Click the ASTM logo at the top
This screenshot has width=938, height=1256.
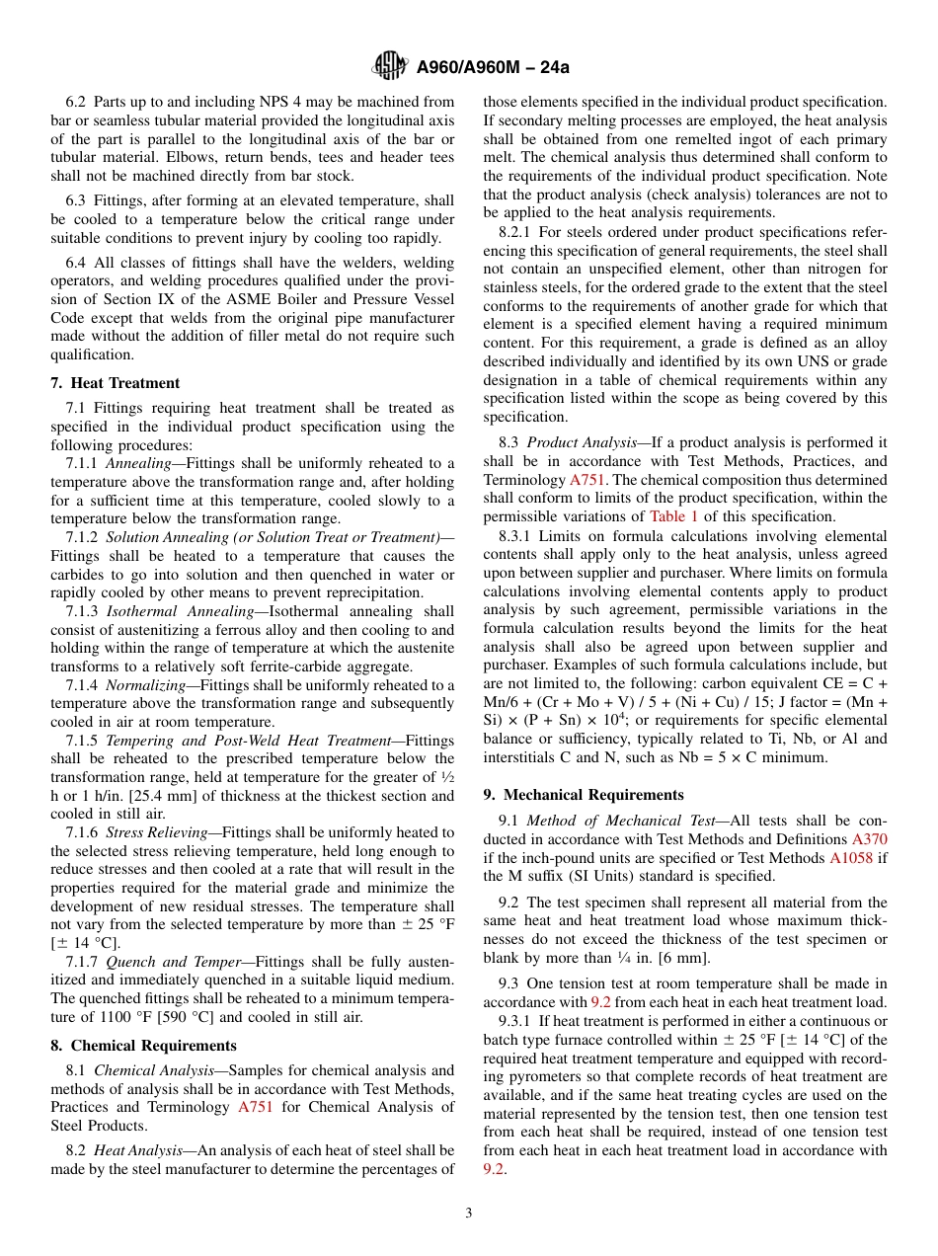(x=390, y=66)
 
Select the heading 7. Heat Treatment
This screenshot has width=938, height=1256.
(x=116, y=383)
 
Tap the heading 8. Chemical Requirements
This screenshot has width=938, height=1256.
(x=144, y=1045)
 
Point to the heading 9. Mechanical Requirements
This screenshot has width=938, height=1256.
(x=584, y=794)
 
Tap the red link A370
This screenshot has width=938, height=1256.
(x=869, y=838)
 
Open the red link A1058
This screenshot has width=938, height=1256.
(x=850, y=857)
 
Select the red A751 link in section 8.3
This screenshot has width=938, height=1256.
(x=587, y=480)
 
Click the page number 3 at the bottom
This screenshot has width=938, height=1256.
(x=469, y=1213)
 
